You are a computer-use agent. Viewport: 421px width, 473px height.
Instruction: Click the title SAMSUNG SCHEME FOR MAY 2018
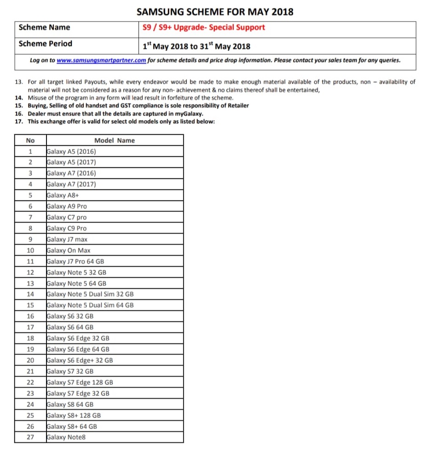tap(215, 11)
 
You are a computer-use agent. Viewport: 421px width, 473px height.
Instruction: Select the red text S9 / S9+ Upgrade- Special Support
tap(204, 27)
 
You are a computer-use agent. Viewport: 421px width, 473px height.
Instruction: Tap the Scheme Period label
tap(45, 44)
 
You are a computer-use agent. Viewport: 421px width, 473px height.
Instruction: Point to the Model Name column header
tap(115, 140)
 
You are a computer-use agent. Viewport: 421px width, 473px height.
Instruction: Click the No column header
tap(30, 140)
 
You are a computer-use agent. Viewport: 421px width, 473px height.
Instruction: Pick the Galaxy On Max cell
tap(69, 251)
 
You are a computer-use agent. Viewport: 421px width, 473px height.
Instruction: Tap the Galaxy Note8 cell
tap(66, 437)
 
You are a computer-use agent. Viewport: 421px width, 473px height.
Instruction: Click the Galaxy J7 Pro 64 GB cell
tap(75, 262)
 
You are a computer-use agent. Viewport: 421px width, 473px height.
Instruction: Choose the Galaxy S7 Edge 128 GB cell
tap(80, 382)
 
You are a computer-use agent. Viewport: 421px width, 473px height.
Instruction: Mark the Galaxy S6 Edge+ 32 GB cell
tap(80, 360)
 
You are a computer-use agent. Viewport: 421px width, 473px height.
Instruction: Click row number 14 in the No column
tap(30, 294)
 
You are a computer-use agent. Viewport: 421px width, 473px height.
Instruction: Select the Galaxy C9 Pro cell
tap(67, 228)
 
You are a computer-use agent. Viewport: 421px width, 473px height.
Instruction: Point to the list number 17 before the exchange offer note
tap(19, 121)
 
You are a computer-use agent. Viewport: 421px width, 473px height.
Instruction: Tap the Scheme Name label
tap(44, 27)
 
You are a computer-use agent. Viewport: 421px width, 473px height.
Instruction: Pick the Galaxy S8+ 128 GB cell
tap(74, 416)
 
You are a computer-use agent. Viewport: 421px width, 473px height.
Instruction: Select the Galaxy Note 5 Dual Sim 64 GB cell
tap(90, 305)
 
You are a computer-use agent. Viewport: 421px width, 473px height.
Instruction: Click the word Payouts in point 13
tap(94, 82)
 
